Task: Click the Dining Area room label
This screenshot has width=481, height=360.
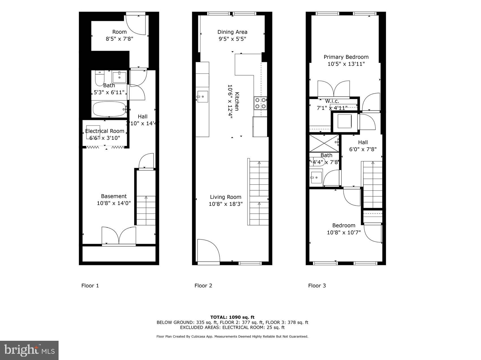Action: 232,32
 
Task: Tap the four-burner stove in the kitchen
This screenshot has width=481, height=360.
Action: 260,103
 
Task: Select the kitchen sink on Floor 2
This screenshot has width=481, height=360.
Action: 203,96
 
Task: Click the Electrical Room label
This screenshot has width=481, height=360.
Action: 105,131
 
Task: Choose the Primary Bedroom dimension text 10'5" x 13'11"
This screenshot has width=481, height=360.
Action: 346,64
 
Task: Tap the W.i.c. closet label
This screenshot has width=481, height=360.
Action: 332,101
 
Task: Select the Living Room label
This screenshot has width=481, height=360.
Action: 226,197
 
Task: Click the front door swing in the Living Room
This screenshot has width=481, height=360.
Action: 208,250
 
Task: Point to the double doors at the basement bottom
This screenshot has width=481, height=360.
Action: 119,236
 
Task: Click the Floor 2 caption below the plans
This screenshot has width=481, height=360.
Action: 203,286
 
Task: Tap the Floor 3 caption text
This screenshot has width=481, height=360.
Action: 317,286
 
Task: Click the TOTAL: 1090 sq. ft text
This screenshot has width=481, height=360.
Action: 232,317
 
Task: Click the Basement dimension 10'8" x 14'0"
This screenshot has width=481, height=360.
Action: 114,203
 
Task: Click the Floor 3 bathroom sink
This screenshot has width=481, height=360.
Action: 316,178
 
